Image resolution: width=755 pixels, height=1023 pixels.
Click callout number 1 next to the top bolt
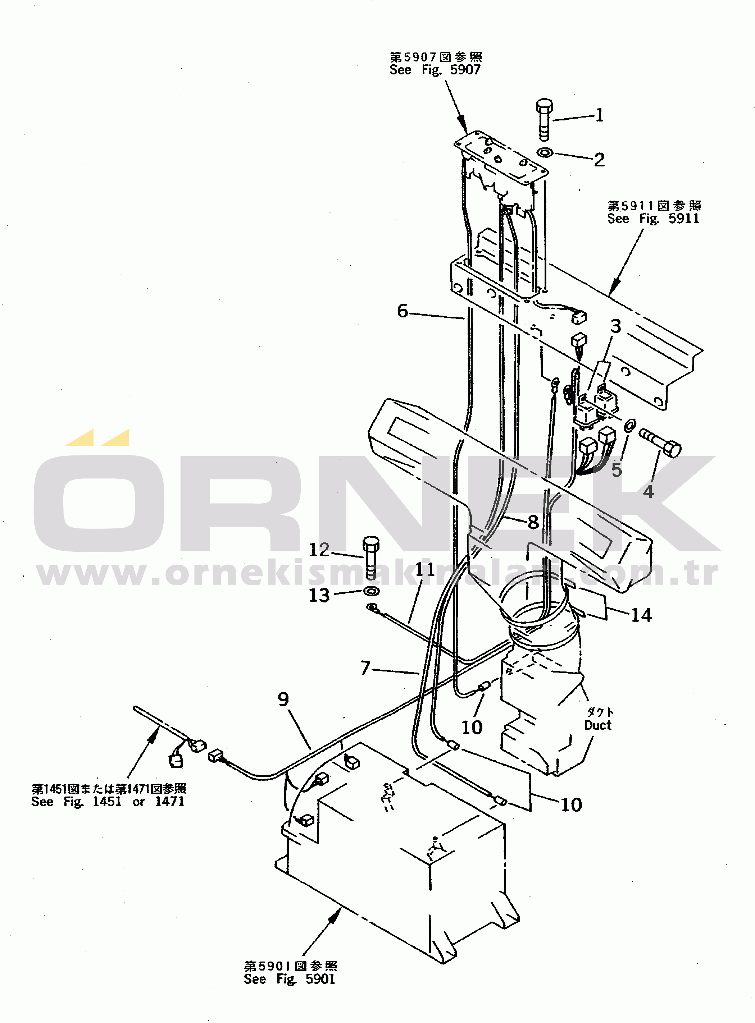pyautogui.click(x=600, y=115)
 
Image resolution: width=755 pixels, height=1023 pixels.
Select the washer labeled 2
pyautogui.click(x=545, y=152)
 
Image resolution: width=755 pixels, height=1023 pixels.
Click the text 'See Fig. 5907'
pyautogui.click(x=435, y=70)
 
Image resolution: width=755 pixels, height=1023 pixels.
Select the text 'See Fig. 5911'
pyautogui.click(x=653, y=219)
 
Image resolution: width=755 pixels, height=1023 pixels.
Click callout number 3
pyautogui.click(x=615, y=326)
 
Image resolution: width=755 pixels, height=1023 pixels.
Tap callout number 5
pyautogui.click(x=617, y=469)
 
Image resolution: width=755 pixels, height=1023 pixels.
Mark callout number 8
pyautogui.click(x=533, y=522)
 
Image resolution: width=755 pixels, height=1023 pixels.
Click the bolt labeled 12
pyautogui.click(x=370, y=557)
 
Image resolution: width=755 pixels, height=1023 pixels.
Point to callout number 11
pyautogui.click(x=424, y=569)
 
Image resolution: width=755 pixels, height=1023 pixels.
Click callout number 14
pyautogui.click(x=641, y=615)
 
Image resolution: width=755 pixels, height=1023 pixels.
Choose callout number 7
pyautogui.click(x=365, y=668)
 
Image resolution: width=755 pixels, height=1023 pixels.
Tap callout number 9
pyautogui.click(x=283, y=699)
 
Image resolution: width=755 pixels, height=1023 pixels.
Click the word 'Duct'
pyautogui.click(x=598, y=725)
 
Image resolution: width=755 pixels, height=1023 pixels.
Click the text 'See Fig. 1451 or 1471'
pyautogui.click(x=108, y=802)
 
